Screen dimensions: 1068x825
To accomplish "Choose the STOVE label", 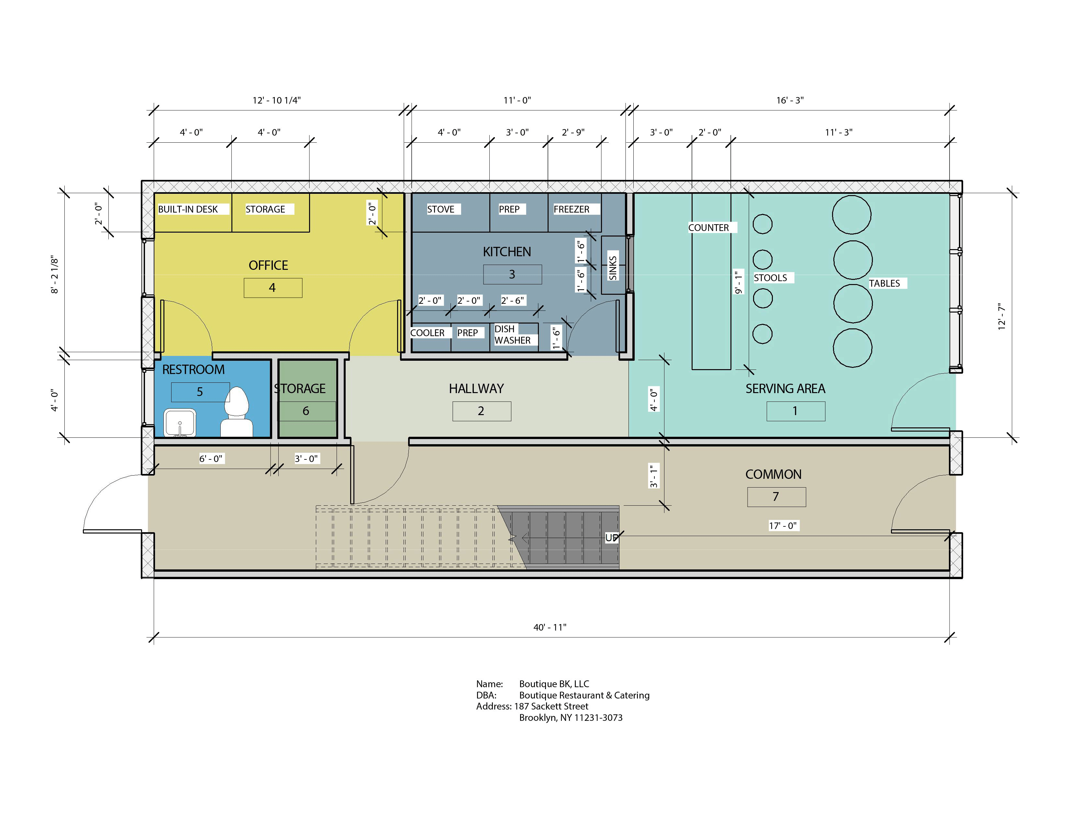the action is pos(440,209).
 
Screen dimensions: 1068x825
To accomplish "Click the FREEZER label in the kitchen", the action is pos(571,209).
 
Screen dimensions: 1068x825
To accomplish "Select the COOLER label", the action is pos(428,333).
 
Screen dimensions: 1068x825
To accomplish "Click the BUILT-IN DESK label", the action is pos(188,209).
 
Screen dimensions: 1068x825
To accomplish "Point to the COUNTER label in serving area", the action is pos(708,228).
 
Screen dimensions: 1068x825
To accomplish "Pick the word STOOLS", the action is pos(770,278).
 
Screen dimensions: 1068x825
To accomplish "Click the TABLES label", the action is pos(884,283).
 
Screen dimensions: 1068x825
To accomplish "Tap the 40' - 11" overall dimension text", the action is pos(550,627).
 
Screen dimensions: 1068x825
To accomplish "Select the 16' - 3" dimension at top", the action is pos(790,100).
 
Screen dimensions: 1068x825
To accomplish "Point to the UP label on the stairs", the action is pos(611,538).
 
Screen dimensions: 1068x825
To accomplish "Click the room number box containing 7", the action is pos(776,497).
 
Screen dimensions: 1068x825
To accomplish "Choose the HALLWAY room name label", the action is pos(476,389).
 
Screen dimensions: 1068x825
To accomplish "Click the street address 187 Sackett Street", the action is pos(551,706).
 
